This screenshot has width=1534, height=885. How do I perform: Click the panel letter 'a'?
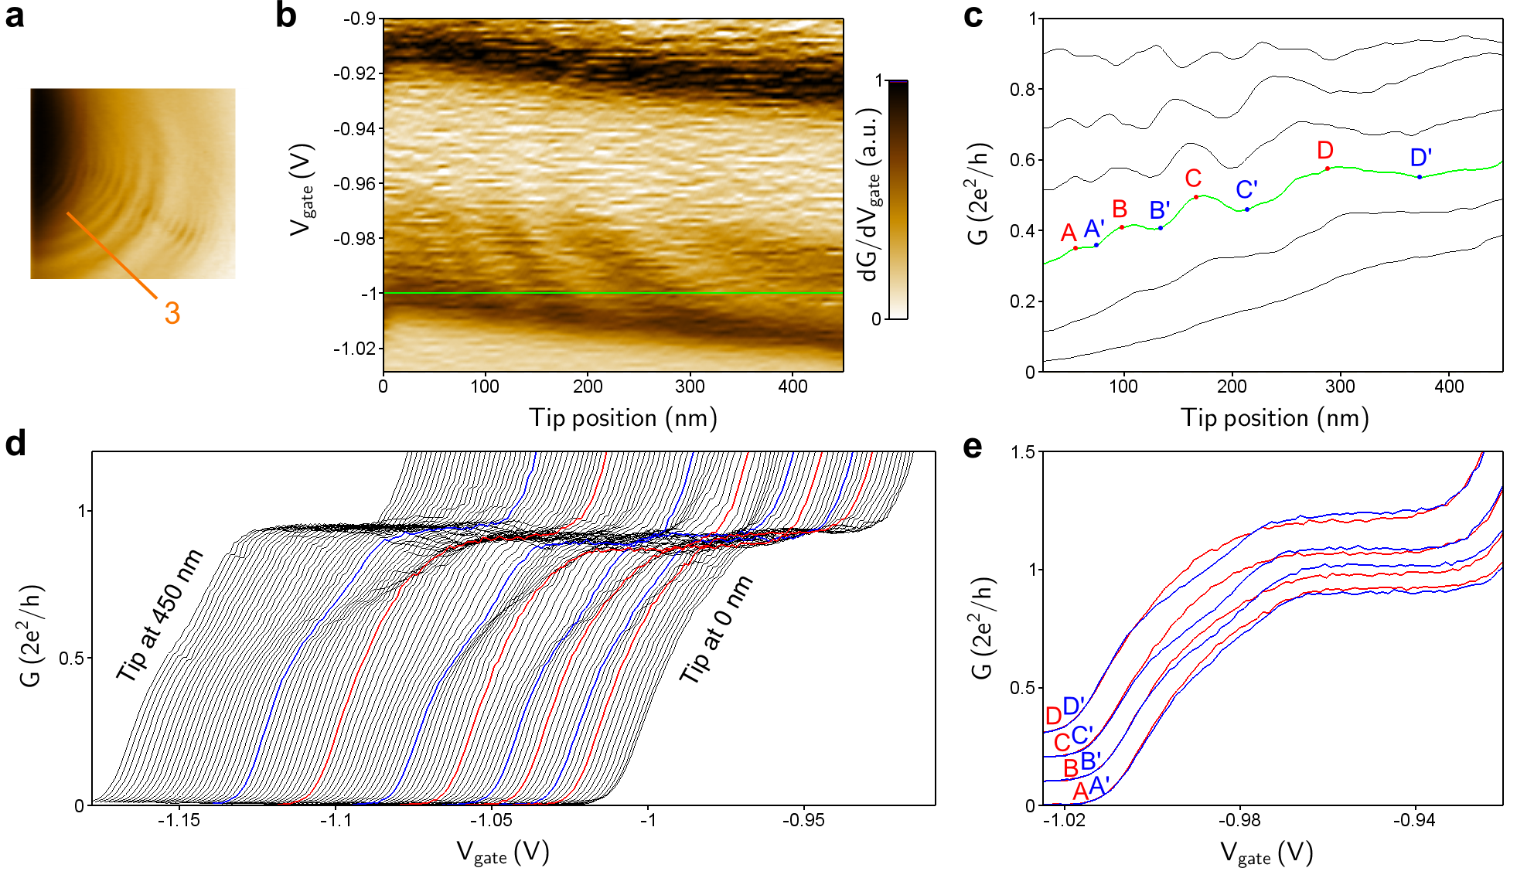click(15, 15)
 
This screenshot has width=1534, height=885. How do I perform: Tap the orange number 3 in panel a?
click(172, 313)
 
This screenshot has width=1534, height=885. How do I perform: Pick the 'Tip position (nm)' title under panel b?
click(623, 418)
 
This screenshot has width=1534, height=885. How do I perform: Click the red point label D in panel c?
click(1325, 151)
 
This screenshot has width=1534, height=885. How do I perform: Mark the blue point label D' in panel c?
click(1421, 158)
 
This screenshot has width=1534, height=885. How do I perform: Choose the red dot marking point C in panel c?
click(1196, 197)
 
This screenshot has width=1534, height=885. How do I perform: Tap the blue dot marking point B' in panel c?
click(1161, 228)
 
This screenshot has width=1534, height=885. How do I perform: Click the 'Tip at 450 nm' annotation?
click(160, 615)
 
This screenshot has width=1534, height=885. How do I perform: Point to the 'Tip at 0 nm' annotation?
click(716, 629)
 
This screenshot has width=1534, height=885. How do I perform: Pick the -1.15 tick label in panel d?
click(179, 820)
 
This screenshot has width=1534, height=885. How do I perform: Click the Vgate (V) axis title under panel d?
click(503, 853)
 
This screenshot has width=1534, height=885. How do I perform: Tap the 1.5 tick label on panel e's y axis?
click(1022, 452)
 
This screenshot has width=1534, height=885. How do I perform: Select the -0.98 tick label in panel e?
click(1239, 820)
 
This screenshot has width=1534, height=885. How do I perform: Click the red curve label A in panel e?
click(1080, 791)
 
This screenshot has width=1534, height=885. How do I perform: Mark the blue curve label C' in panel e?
click(1082, 735)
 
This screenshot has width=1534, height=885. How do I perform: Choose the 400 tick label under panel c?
click(1448, 386)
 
